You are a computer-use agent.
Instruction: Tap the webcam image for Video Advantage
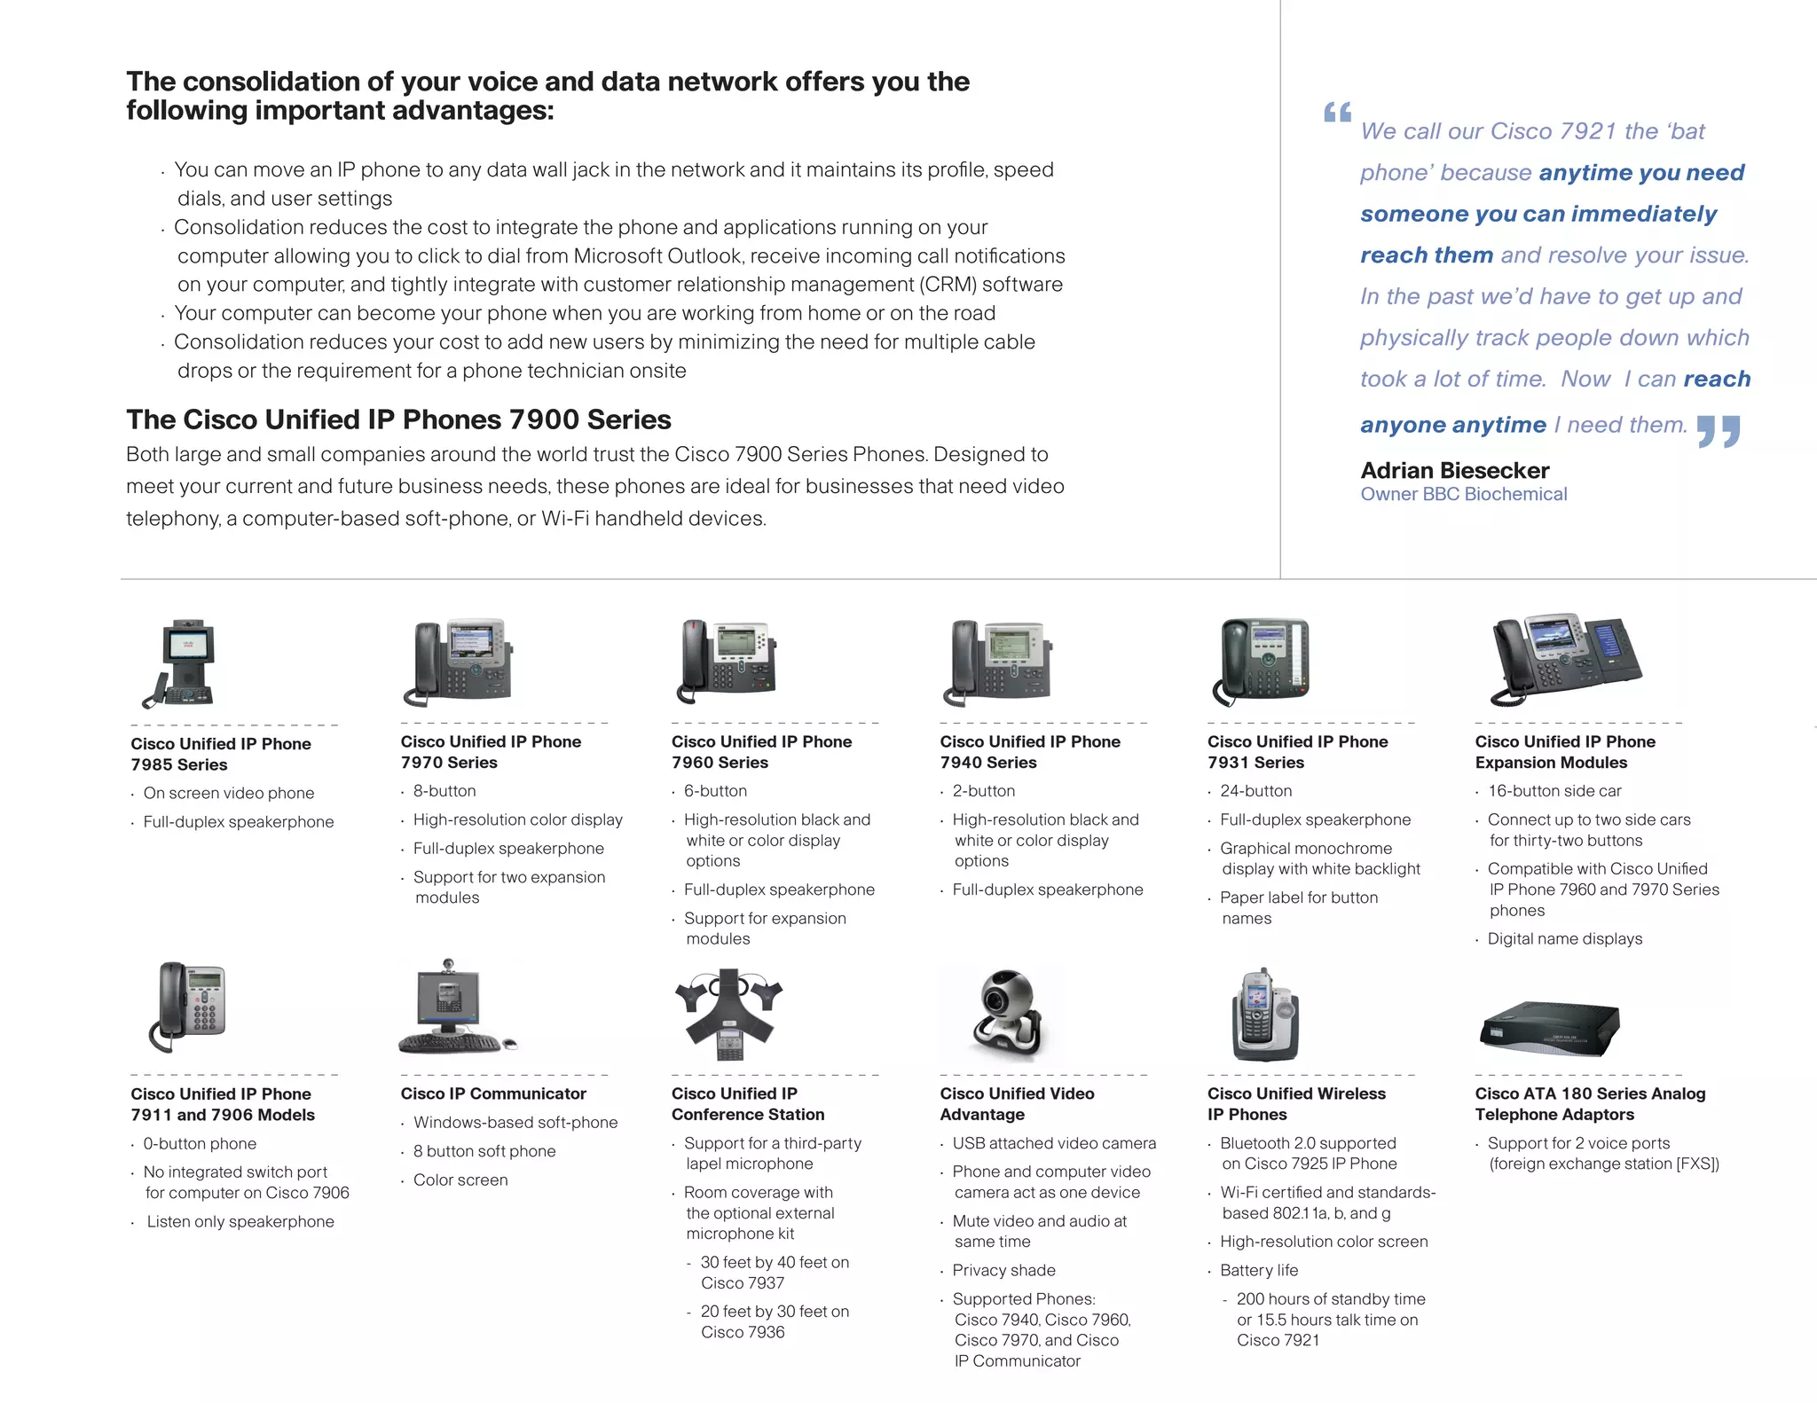tap(1007, 1013)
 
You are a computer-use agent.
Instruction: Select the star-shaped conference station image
tap(729, 1011)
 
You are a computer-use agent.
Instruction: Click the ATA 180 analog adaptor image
tap(1549, 1029)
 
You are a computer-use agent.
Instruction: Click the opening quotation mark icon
tap(1337, 113)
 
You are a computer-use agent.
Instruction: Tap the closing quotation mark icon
tap(1719, 432)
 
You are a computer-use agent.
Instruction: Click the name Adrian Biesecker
tap(1455, 470)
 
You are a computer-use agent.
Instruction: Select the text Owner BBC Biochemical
tap(1464, 495)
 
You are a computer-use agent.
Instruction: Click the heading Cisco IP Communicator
tap(493, 1093)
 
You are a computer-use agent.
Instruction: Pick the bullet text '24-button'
tap(1255, 791)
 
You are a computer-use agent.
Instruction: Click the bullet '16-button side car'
tap(1554, 791)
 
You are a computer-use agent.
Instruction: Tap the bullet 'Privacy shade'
tap(1003, 1270)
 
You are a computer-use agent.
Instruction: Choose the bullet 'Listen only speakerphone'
tap(240, 1221)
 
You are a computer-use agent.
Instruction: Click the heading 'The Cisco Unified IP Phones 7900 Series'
tap(398, 419)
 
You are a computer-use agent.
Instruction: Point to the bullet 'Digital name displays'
tap(1564, 938)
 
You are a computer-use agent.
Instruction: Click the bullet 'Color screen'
tap(460, 1180)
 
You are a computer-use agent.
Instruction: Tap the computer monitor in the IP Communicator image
tap(449, 999)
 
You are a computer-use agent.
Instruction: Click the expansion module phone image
tap(1566, 659)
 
